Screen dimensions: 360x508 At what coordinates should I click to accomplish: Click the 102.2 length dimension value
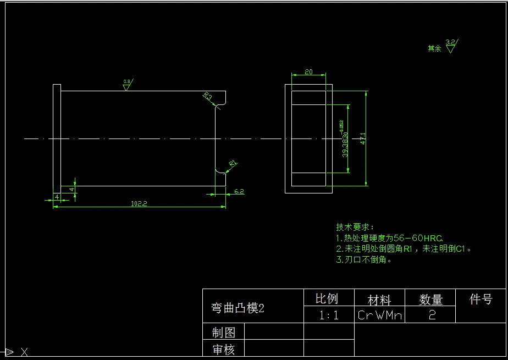139,203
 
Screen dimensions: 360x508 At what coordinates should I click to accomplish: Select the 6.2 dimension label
239,191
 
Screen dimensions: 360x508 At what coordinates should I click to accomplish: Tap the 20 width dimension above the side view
308,72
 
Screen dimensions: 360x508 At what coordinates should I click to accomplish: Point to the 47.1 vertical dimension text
362,140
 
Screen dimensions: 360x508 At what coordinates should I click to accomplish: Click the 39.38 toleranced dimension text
345,144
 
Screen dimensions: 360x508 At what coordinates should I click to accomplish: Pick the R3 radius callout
208,96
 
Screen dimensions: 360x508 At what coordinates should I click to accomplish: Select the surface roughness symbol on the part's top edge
128,84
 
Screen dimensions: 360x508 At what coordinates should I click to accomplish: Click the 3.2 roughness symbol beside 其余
451,46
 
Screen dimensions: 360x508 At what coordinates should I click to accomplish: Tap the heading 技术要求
355,227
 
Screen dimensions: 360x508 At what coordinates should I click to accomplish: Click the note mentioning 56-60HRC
389,238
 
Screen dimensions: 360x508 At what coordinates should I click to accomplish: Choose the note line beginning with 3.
364,260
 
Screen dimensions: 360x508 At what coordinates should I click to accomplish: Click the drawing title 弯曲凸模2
238,308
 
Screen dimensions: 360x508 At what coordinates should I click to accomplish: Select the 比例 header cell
327,299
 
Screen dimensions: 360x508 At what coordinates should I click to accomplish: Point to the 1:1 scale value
329,315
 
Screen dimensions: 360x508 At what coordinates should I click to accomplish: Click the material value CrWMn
380,315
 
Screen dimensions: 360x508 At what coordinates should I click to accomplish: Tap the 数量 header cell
430,300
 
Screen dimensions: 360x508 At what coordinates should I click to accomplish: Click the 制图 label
224,333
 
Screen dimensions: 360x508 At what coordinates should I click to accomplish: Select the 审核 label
224,349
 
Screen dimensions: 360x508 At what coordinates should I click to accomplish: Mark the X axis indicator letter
24,352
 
